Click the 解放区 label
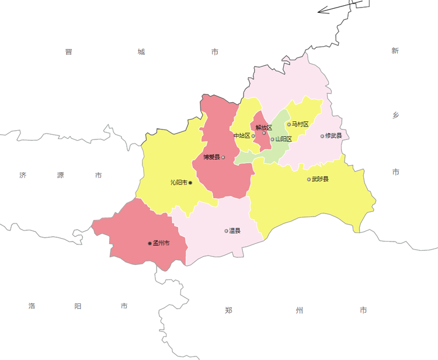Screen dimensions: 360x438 [264, 127]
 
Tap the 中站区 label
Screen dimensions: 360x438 [241, 136]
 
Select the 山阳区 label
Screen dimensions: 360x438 [283, 139]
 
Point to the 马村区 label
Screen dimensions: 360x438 [300, 124]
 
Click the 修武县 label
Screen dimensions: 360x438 [333, 136]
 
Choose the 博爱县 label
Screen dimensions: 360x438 [211, 157]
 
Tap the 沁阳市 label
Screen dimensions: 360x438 [179, 183]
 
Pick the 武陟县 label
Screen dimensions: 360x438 [320, 179]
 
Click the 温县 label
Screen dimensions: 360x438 [235, 230]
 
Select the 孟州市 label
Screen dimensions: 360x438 [161, 243]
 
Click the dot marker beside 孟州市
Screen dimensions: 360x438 [150, 243]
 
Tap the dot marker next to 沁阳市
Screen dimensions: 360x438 [190, 183]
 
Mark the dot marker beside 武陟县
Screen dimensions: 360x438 [309, 179]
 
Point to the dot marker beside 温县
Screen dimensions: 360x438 [227, 231]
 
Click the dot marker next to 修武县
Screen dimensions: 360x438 [322, 137]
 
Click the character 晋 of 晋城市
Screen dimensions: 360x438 [68, 52]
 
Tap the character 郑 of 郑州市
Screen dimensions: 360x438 [228, 310]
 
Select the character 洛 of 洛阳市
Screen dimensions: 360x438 [32, 306]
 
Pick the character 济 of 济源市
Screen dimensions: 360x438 [23, 175]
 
